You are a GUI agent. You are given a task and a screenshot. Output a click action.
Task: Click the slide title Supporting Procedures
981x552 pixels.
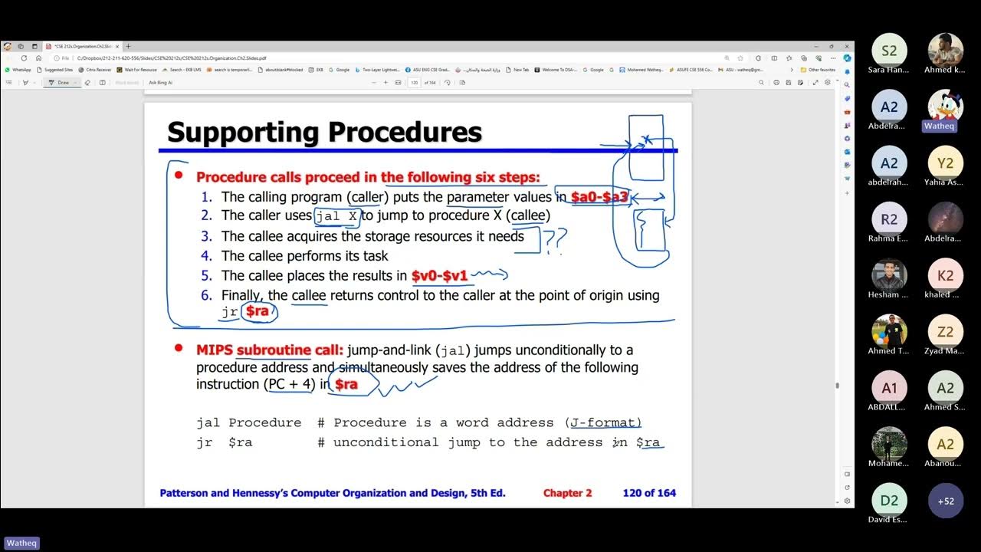point(324,132)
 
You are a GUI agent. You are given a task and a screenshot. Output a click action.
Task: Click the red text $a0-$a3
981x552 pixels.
point(599,197)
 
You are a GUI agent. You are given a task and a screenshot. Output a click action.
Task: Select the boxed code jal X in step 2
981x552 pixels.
point(336,216)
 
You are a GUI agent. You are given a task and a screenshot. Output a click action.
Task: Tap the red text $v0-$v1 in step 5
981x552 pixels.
point(439,275)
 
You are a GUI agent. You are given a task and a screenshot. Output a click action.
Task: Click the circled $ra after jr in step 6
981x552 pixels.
point(258,311)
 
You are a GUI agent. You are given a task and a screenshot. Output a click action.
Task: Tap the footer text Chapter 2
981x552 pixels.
point(567,493)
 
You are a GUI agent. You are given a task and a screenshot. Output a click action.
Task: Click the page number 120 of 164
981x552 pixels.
point(649,493)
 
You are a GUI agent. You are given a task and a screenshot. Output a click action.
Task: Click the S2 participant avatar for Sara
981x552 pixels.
point(889,51)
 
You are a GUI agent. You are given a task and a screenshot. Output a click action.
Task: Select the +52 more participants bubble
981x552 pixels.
point(946,501)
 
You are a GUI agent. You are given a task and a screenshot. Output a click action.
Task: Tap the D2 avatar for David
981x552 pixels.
point(889,501)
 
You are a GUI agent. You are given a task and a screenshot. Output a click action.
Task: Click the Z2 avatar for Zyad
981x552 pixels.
point(946,332)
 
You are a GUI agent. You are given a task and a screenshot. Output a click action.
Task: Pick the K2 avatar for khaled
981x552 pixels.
point(946,275)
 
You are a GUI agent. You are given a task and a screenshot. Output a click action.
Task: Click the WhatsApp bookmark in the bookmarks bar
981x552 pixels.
point(18,70)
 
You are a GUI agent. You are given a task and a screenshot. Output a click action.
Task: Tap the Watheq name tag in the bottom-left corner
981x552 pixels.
point(21,543)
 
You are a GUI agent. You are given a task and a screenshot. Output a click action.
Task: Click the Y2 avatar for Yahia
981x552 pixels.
point(946,163)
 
